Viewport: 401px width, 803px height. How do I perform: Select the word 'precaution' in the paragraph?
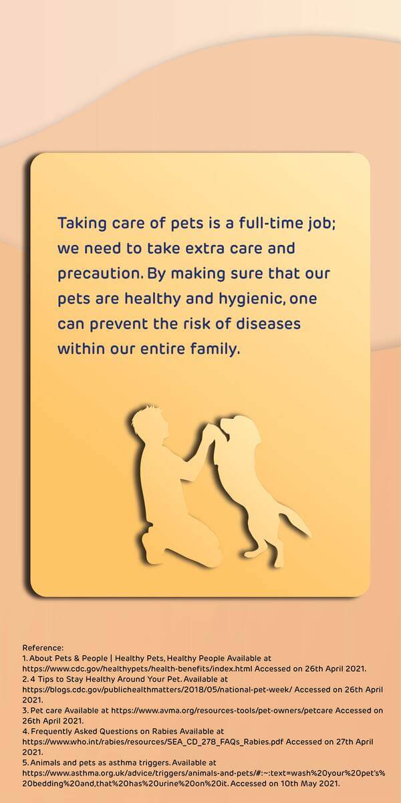coord(98,274)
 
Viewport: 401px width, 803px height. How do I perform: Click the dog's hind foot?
coord(278,561)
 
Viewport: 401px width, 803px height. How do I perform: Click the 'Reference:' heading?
coord(43,648)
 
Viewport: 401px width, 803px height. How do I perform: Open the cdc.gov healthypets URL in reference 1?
coord(138,668)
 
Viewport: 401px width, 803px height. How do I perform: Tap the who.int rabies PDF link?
coord(153,741)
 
